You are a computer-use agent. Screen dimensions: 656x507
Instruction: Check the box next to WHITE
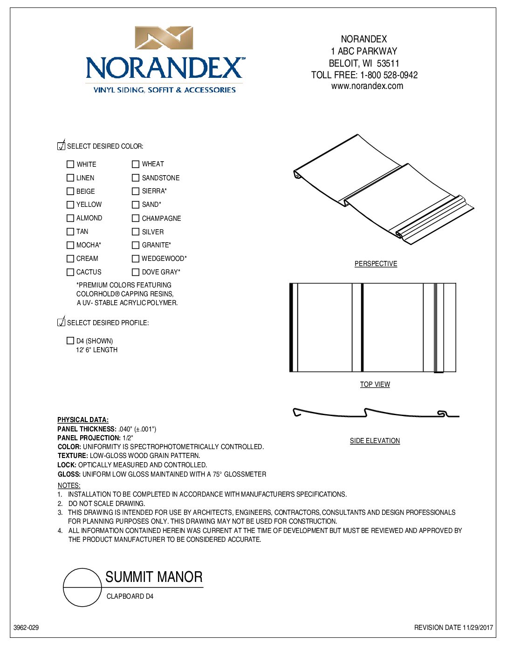point(70,164)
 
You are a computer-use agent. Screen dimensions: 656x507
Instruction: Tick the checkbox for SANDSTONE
point(136,178)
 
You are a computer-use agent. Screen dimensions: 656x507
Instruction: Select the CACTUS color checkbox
point(70,272)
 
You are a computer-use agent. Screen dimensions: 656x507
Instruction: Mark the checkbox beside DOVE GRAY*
point(136,272)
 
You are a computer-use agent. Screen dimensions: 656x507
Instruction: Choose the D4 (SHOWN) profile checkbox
point(70,341)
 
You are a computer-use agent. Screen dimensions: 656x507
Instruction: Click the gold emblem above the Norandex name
point(164,38)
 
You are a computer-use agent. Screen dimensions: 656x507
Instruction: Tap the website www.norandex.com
point(367,86)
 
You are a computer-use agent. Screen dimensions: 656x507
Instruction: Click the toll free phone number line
point(364,75)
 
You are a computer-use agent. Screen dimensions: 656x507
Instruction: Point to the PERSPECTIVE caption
point(376,264)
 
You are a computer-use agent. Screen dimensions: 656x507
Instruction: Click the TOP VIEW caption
point(375,384)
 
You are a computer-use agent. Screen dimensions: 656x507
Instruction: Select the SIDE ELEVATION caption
point(375,441)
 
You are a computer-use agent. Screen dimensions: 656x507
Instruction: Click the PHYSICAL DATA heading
point(83,420)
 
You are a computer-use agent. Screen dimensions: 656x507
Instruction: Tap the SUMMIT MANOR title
point(154,577)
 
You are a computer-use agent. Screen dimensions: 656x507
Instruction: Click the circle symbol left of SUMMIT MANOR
point(82,588)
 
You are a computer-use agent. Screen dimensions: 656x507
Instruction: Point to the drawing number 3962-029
point(26,628)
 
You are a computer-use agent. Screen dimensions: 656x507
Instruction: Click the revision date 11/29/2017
point(453,628)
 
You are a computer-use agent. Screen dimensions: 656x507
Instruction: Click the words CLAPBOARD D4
point(130,596)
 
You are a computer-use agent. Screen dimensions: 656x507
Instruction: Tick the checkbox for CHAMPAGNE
point(136,218)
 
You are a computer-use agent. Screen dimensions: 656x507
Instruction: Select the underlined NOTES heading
point(69,485)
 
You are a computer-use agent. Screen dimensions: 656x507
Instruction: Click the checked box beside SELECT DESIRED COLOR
point(61,146)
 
